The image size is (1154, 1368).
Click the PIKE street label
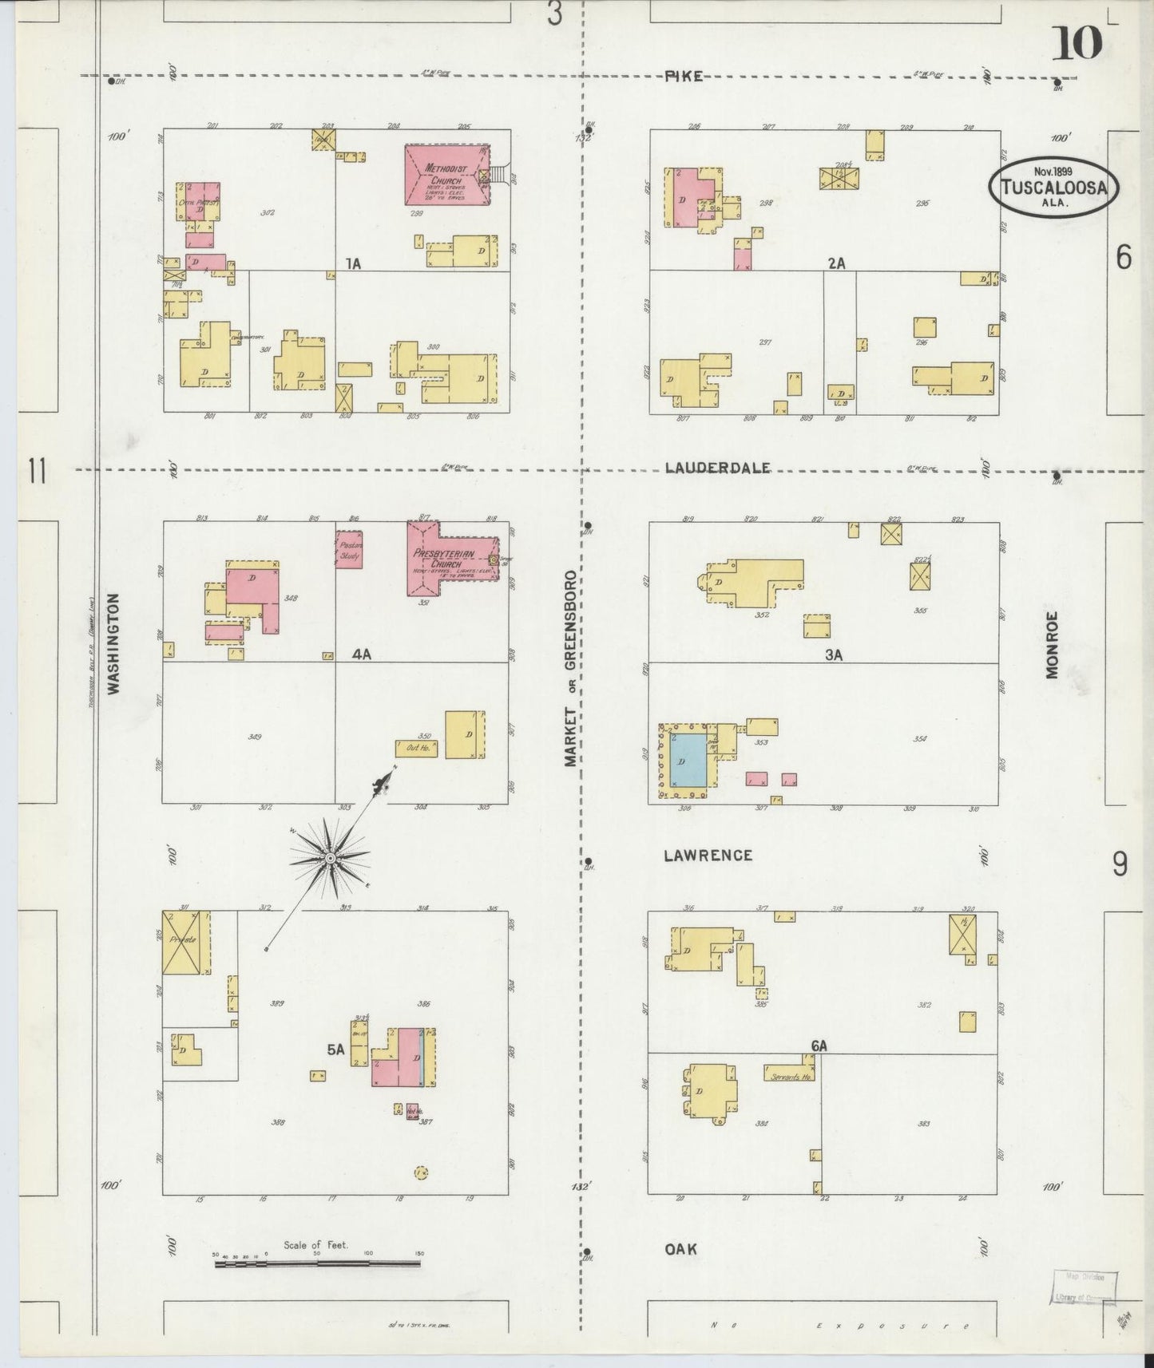pos(683,76)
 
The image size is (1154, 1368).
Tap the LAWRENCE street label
pos(708,856)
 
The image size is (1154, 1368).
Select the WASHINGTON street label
pos(113,643)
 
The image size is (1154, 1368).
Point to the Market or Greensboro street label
pos(570,668)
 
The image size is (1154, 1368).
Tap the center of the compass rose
pos(329,858)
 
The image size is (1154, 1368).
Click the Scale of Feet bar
pos(318,1263)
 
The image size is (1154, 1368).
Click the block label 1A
pos(352,263)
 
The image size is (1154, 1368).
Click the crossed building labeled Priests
pos(185,943)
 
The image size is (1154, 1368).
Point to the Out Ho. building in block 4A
pos(416,748)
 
